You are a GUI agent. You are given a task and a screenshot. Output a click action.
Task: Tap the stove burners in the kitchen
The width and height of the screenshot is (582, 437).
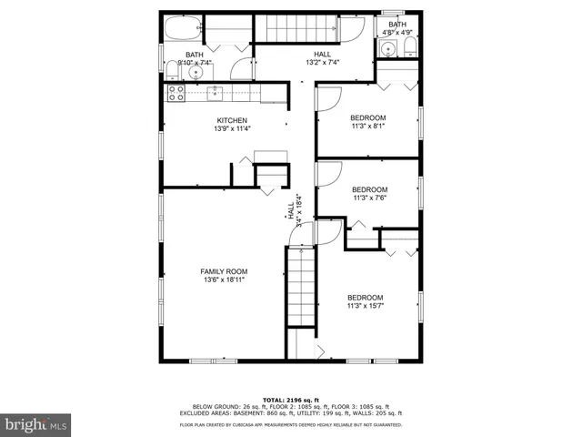(173, 91)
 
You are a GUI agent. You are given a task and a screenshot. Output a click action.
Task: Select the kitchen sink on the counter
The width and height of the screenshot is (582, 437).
(216, 91)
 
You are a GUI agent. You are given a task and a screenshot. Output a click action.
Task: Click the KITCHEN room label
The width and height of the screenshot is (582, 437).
(231, 121)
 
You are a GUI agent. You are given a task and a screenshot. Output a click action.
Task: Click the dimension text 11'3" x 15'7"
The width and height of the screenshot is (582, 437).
(365, 306)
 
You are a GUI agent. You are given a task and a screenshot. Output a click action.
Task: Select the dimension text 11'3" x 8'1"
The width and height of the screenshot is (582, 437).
(368, 127)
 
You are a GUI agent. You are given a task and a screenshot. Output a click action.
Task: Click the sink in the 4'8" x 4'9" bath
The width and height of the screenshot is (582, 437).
(388, 50)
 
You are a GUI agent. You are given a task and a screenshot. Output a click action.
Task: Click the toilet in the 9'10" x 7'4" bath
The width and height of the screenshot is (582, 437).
(172, 71)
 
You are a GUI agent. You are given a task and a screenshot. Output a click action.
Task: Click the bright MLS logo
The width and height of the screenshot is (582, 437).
(35, 423)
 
